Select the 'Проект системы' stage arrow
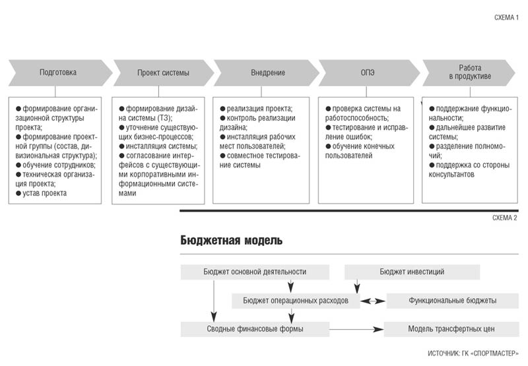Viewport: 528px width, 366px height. coord(163,73)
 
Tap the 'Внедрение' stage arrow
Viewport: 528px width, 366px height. coord(266,73)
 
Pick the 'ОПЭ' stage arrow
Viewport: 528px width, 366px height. coord(369,73)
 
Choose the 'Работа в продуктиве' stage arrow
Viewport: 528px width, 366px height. coord(469,73)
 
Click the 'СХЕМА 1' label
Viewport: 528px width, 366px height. coord(506,18)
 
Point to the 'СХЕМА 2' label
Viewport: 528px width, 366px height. coord(505,218)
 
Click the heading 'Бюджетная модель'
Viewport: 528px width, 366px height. coord(232,240)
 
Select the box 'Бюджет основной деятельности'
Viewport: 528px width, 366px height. coord(255,272)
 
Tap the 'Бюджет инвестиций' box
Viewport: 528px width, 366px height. coord(412,272)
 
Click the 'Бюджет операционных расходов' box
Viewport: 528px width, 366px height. coord(296,301)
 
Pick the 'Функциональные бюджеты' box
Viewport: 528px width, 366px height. coord(453,301)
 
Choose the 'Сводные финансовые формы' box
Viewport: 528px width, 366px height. coord(255,329)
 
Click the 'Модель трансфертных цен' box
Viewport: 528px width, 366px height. coord(451,329)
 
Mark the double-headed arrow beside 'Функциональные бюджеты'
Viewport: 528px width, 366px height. coord(373,301)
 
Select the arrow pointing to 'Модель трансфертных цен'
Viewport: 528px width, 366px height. coord(356,329)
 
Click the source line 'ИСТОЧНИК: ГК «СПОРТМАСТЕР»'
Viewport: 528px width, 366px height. coord(473,353)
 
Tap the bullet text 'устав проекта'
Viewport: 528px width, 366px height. coord(44,193)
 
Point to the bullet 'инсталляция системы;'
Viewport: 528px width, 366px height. coord(162,146)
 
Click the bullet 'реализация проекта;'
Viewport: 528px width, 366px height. coord(259,109)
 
